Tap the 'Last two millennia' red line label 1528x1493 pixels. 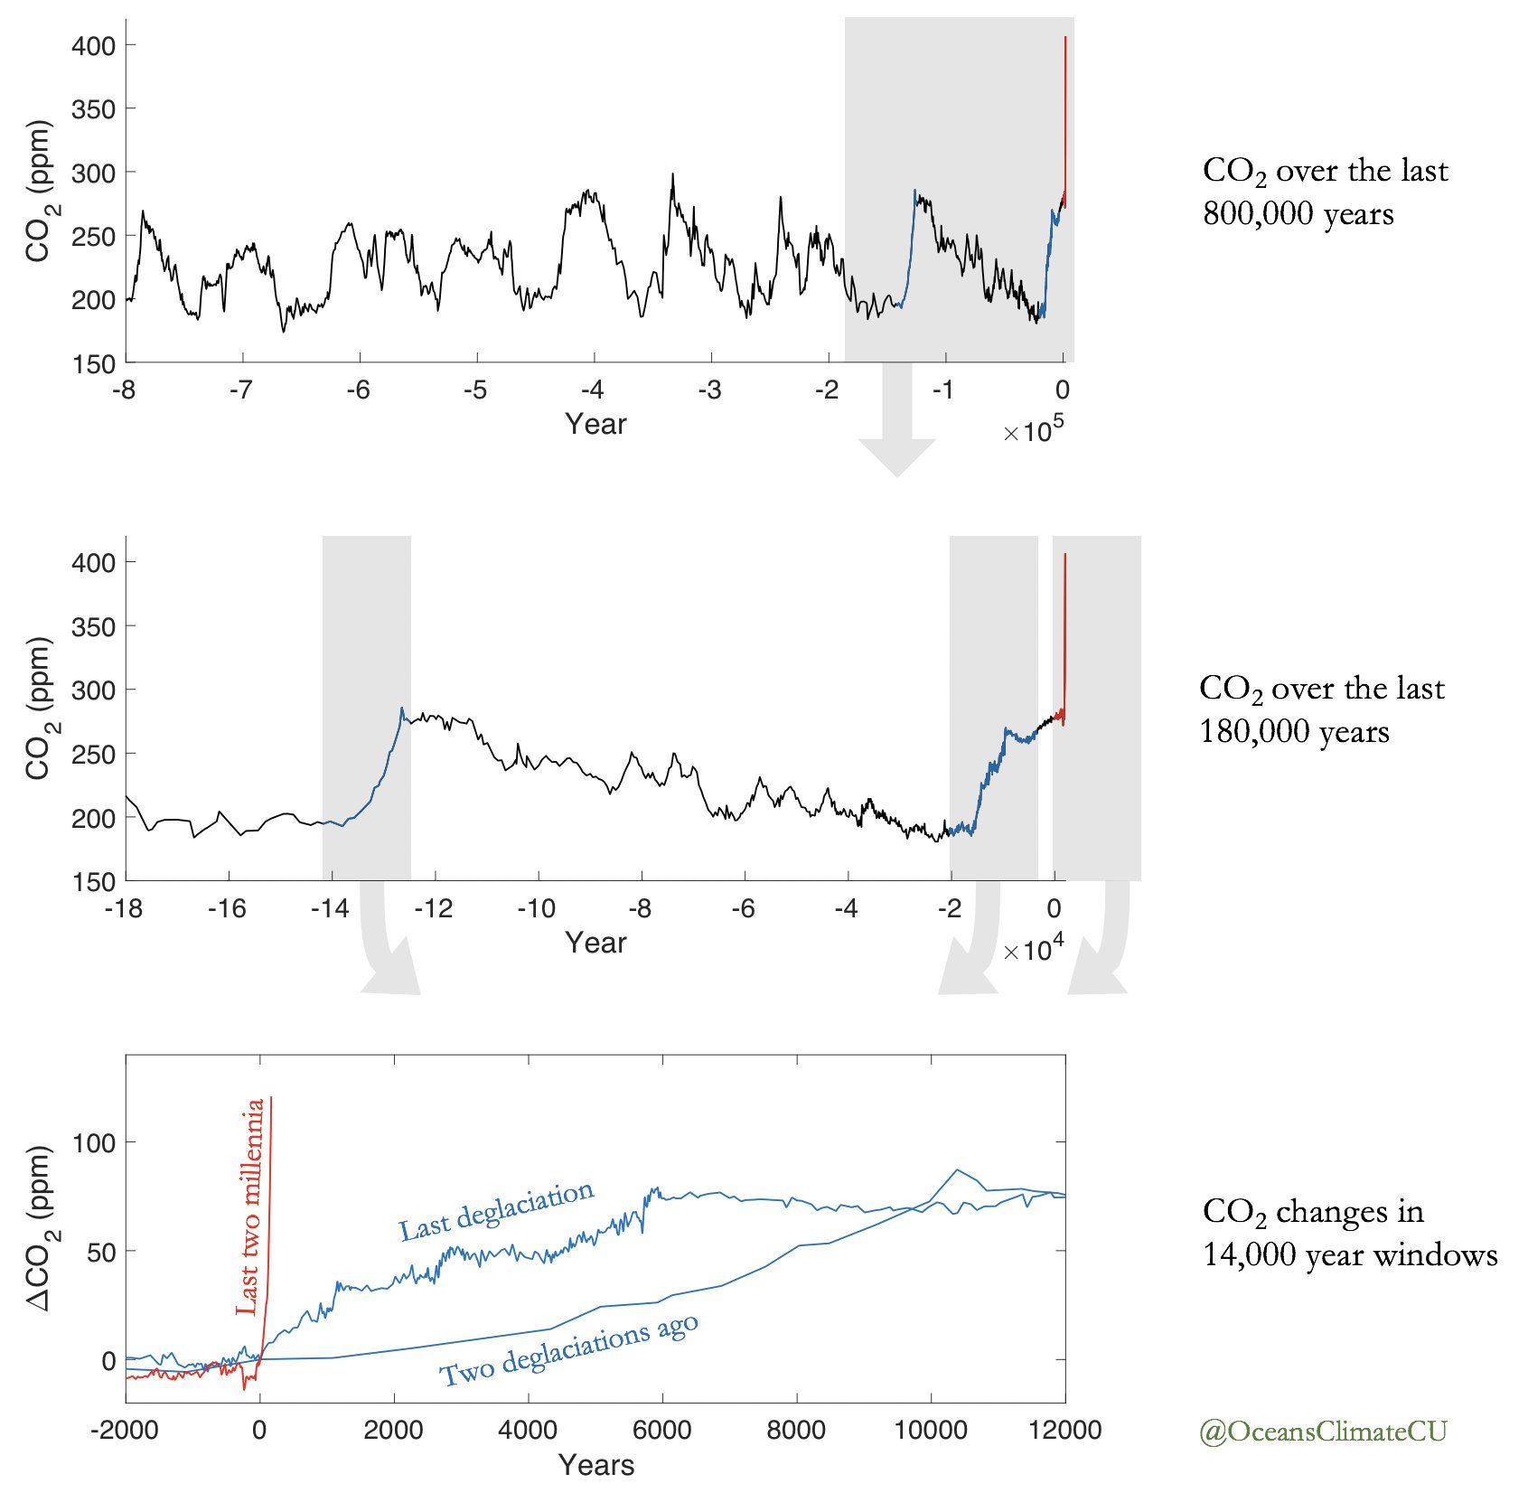click(250, 1207)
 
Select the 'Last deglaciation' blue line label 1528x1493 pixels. click(496, 1210)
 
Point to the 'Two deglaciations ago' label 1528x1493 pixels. click(569, 1349)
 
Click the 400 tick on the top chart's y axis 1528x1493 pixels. click(93, 45)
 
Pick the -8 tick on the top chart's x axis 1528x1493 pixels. click(124, 390)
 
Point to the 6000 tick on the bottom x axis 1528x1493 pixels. click(662, 1430)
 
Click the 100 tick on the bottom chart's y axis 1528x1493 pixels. click(93, 1142)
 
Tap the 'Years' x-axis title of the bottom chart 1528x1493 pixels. click(595, 1465)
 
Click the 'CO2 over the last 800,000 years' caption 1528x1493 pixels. click(1325, 192)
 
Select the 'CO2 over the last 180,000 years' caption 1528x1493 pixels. click(1321, 709)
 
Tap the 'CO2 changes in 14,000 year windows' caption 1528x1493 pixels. click(1349, 1232)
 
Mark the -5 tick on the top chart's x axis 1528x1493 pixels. click(475, 390)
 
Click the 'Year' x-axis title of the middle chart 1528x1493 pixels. click(595, 943)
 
